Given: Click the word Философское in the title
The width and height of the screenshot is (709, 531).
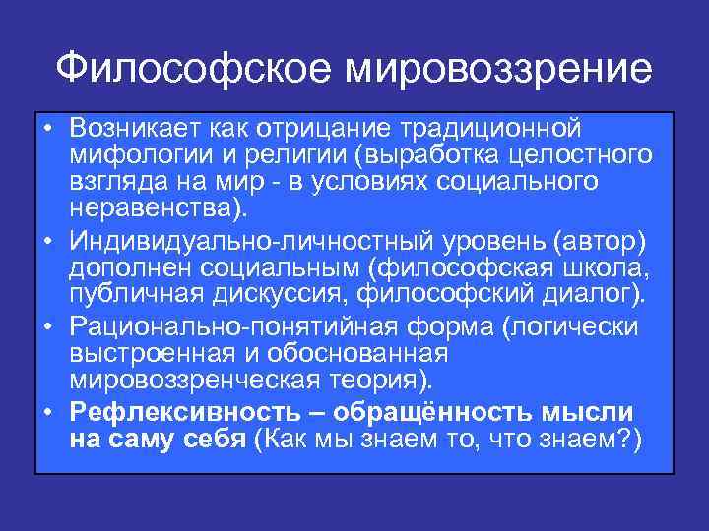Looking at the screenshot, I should pos(194,68).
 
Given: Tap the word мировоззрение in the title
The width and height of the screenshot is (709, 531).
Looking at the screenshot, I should pos(498,68).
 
